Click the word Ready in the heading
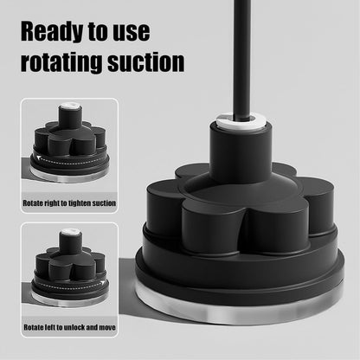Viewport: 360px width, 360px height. [x=58, y=32]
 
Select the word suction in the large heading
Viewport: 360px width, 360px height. [x=146, y=62]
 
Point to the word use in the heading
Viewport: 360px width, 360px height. [x=130, y=32]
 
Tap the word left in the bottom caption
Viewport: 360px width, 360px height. [x=51, y=329]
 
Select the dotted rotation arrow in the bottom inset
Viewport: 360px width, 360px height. [x=69, y=284]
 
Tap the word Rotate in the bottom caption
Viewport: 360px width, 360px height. [x=33, y=329]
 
